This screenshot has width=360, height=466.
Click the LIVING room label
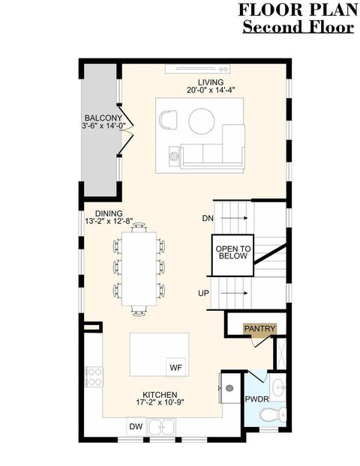(211, 82)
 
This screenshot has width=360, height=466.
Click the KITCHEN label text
(160, 395)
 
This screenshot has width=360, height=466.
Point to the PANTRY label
(259, 329)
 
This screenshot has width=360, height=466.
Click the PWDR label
(255, 399)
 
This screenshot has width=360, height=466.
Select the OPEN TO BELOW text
(232, 252)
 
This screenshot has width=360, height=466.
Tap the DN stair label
(208, 219)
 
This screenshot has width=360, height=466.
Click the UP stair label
(204, 293)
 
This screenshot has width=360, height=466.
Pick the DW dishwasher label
(136, 426)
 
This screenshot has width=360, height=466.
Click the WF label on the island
(176, 367)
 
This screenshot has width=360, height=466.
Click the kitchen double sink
(162, 428)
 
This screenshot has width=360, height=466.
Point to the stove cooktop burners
(94, 372)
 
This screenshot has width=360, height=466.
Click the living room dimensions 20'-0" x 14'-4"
(211, 91)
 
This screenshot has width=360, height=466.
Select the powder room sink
(277, 388)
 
